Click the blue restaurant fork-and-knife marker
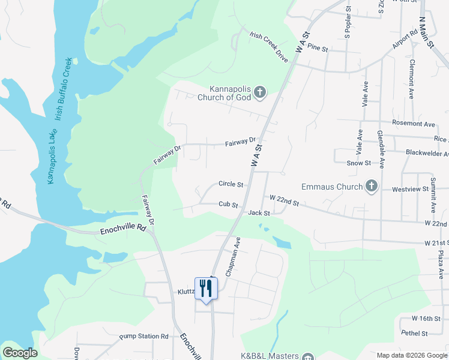point(205,289)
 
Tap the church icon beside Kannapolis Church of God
point(259,92)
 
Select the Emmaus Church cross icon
point(371,186)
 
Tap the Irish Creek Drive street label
point(268,47)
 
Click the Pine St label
point(317,47)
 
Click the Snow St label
point(358,163)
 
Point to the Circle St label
point(231,184)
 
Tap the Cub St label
point(228,205)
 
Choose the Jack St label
point(259,212)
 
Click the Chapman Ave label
point(233,256)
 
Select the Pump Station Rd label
point(143,337)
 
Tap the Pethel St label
point(415,333)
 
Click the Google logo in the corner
point(20,353)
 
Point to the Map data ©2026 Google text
point(412,355)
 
